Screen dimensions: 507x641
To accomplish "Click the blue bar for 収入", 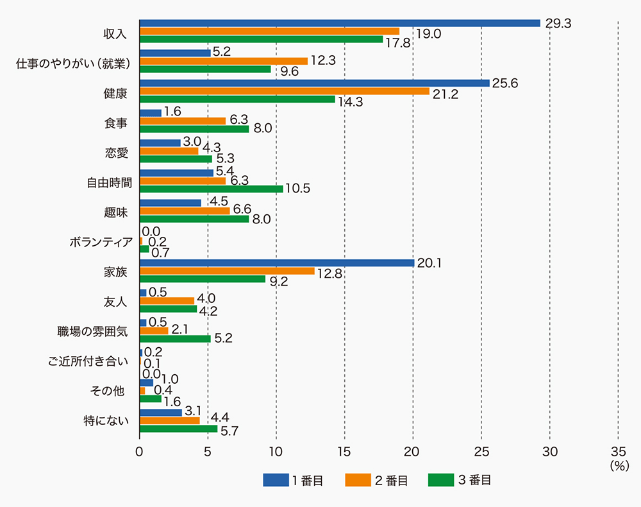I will (340, 23).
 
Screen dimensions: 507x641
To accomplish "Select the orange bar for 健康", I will (285, 91).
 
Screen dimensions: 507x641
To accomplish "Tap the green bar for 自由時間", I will (211, 189).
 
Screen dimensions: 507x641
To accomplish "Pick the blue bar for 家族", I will (276, 262).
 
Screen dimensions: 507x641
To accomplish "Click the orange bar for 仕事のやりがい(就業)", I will (223, 61).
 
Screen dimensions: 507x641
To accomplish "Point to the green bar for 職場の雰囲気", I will (175, 339).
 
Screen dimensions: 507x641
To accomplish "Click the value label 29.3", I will (558, 23).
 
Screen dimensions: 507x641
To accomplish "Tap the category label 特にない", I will (106, 421).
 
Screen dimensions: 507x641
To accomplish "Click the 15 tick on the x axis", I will (345, 451).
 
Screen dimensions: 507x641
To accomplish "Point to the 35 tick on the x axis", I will (618, 451).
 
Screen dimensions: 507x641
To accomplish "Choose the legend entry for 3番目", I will (459, 480).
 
